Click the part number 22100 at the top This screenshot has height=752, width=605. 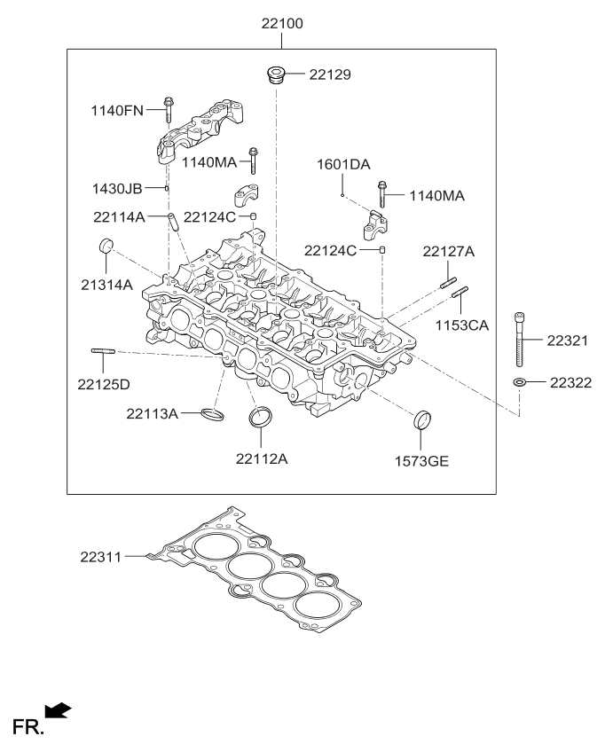point(281,23)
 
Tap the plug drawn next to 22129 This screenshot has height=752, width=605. point(275,74)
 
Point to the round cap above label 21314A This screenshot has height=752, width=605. point(106,246)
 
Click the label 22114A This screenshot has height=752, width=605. point(120,216)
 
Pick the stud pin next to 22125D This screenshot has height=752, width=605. point(104,352)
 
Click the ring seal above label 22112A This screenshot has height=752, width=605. point(261,417)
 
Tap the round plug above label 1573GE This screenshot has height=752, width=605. point(424,419)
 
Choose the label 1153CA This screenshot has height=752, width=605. point(461,325)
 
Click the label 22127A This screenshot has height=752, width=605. point(448,252)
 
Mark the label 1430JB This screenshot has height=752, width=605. point(117,188)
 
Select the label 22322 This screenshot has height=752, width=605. point(570,382)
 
